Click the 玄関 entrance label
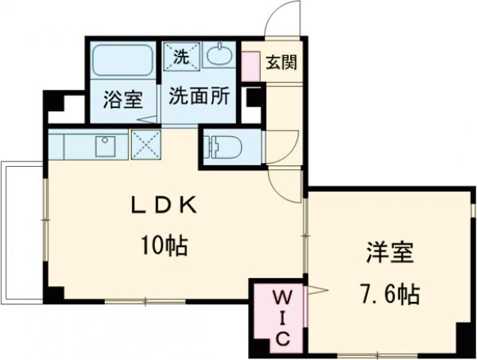[281, 63]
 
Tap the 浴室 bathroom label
[123, 99]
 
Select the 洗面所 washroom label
[199, 96]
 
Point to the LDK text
[164, 205]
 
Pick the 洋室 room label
[390, 253]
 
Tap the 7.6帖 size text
[390, 294]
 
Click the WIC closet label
[283, 317]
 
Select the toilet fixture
[223, 147]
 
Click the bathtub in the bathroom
[123, 60]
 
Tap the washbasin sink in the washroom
[219, 55]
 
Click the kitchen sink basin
[106, 146]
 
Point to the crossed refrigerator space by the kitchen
[145, 145]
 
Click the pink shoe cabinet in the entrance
[250, 67]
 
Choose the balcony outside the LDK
[22, 233]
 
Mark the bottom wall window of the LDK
[145, 302]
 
